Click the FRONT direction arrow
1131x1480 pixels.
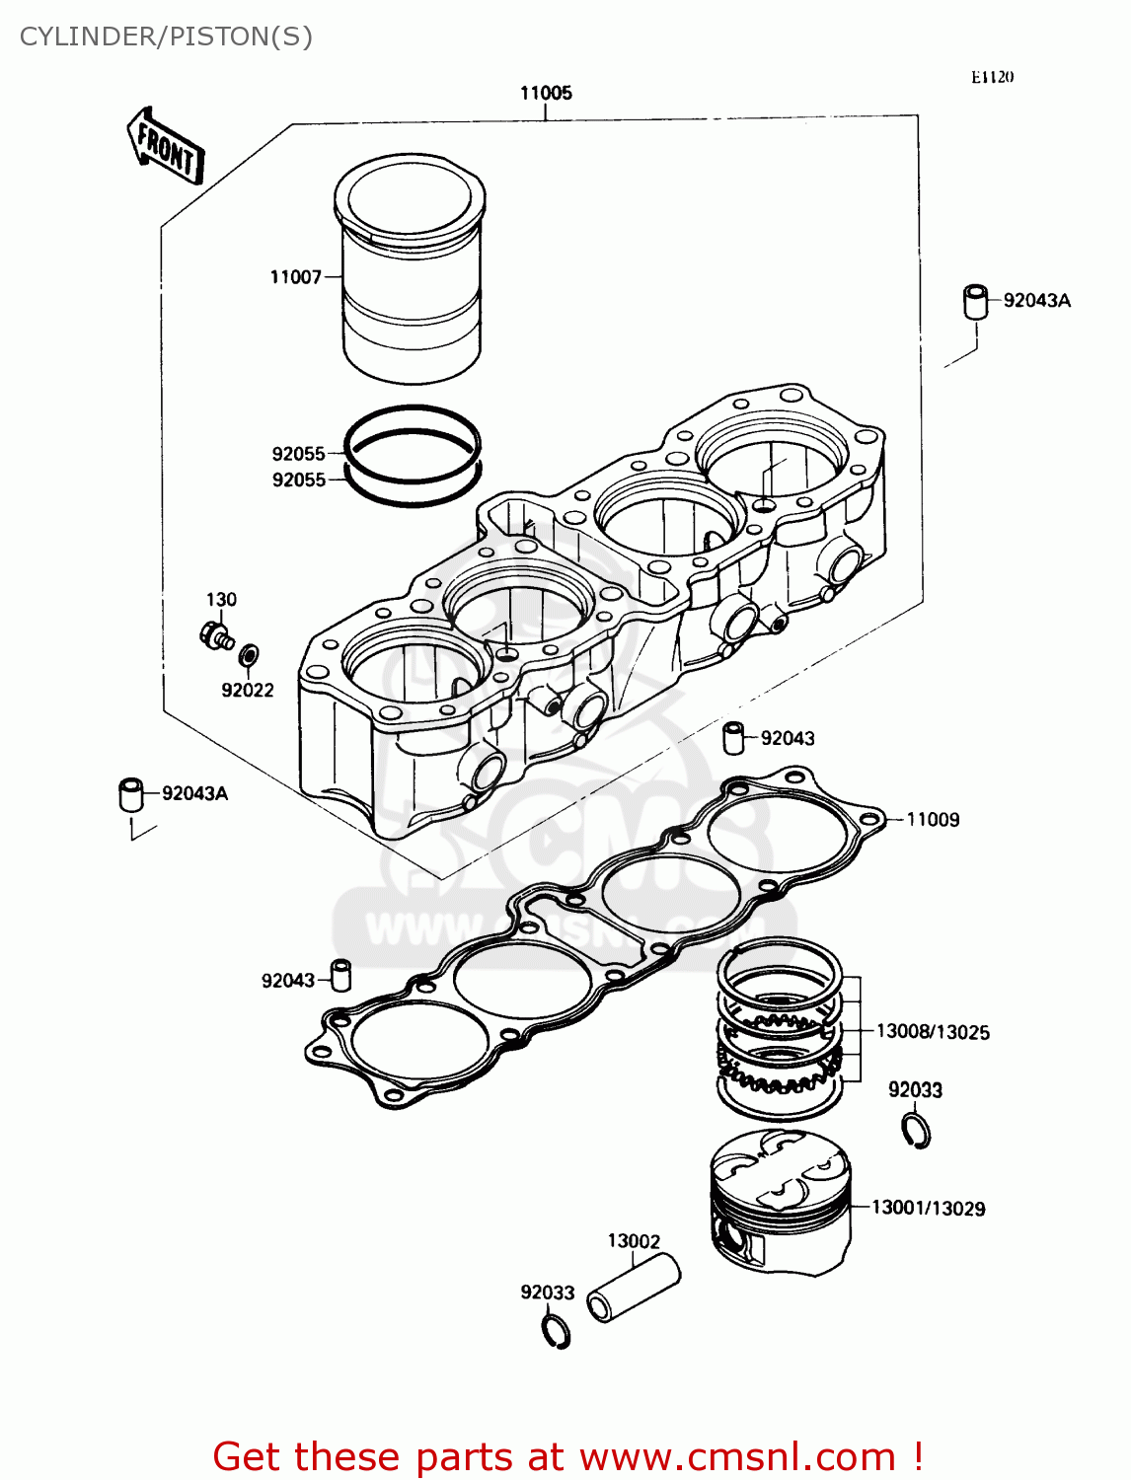click(166, 148)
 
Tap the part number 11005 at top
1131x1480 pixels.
click(546, 93)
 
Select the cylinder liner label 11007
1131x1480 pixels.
click(295, 277)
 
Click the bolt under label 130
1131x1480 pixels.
click(214, 633)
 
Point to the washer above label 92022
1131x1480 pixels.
click(251, 653)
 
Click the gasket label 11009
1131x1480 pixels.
click(932, 820)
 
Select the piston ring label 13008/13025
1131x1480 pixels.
click(933, 1032)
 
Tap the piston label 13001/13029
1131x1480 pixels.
click(928, 1209)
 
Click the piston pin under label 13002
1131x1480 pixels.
click(634, 1288)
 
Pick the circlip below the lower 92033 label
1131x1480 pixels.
click(558, 1331)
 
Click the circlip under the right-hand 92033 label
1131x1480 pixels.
click(917, 1131)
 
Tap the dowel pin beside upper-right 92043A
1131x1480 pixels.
click(975, 302)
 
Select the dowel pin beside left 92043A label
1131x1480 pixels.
click(131, 795)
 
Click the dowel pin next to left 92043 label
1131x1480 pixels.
click(340, 975)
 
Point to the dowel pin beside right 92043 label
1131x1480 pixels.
click(734, 738)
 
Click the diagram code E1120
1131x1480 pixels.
click(992, 77)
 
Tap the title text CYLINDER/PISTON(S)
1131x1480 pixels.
click(166, 37)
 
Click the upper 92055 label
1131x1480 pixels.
click(298, 454)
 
